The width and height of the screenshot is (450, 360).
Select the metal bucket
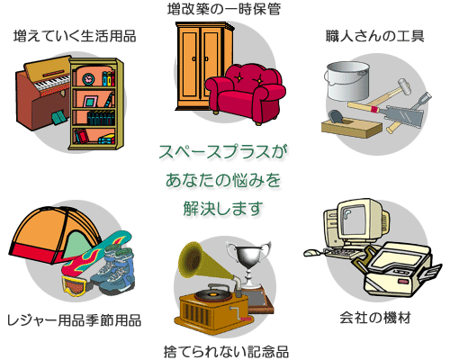(x=347, y=81)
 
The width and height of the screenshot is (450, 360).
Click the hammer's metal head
(x=405, y=86)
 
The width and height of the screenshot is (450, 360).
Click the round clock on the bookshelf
(x=88, y=79)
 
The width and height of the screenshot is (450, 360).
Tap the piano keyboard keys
(x=53, y=83)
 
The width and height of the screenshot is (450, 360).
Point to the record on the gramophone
(x=213, y=292)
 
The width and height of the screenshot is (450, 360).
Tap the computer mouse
(x=312, y=253)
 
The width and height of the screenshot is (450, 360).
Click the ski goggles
(x=75, y=285)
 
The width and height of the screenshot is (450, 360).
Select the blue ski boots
(x=115, y=270)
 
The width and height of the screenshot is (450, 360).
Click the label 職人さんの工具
(x=375, y=36)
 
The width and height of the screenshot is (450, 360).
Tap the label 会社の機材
(x=375, y=318)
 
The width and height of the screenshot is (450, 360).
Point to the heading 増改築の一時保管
(x=224, y=9)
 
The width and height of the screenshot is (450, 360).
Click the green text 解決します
(x=223, y=209)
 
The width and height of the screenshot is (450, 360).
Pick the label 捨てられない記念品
(x=226, y=352)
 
